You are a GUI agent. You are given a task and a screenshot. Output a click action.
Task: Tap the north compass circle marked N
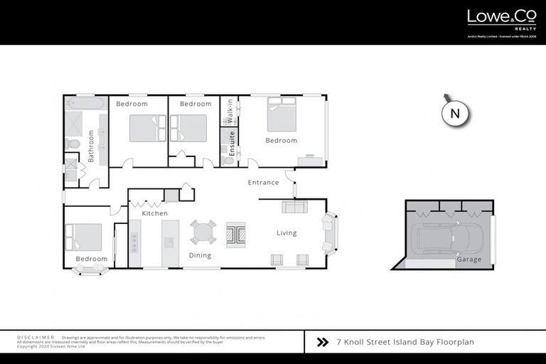456,114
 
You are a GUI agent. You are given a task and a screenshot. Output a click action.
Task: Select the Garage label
469,259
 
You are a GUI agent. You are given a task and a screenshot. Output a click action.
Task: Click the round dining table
203,232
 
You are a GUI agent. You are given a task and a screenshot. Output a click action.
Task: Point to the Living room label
287,233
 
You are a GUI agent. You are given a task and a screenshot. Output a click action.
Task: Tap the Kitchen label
154,213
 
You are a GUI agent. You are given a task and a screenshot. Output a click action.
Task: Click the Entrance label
263,183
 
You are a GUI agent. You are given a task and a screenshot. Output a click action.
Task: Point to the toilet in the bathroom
73,144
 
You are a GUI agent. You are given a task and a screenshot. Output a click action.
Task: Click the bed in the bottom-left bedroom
83,237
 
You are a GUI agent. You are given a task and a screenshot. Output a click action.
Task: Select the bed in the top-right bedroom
282,116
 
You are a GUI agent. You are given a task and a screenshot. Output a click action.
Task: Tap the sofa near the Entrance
294,207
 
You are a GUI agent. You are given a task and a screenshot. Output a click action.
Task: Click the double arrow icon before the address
322,342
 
